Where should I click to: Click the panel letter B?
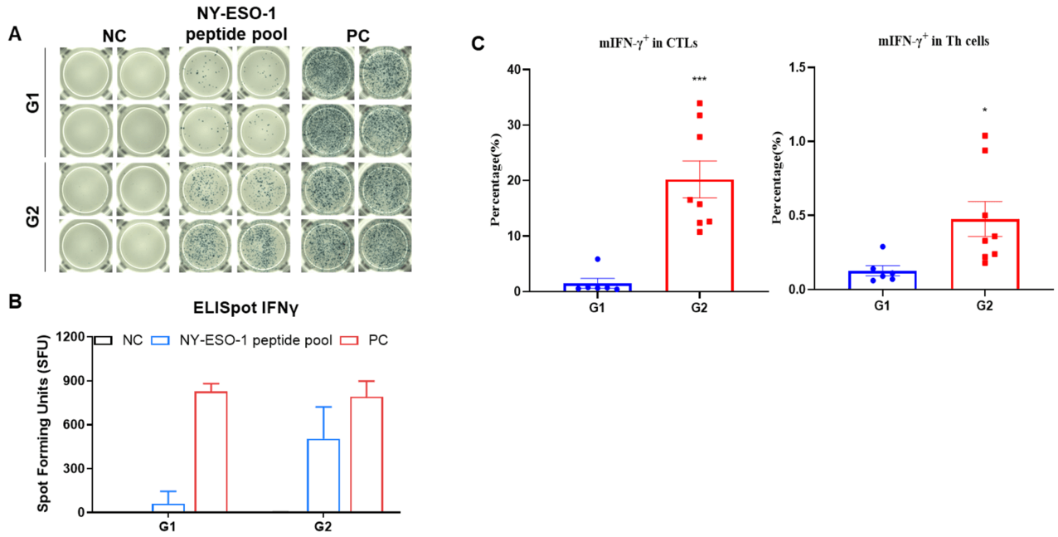pos(14,304)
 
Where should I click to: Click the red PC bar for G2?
pos(366,454)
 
